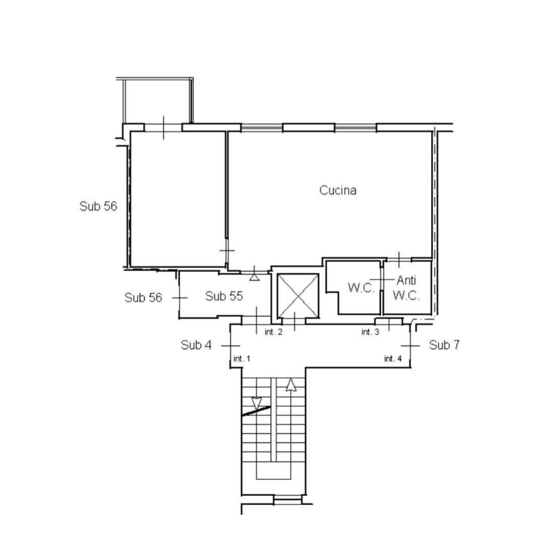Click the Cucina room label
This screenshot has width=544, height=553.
pos(337,191)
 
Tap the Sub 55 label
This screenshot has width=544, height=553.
pos(224,296)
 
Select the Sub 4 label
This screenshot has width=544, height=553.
pos(196,345)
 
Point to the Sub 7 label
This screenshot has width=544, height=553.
pos(444,345)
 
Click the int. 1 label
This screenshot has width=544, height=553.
pos(242,359)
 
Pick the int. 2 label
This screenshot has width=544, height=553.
pos(274,332)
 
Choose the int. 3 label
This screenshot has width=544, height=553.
pos(370,332)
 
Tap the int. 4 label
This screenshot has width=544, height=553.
pos(392,359)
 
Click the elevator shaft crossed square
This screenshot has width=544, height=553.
pos(298,295)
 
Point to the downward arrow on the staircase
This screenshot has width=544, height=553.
pos(256,403)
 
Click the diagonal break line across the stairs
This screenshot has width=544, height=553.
pos(256,411)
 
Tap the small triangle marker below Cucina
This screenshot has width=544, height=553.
pos(254,277)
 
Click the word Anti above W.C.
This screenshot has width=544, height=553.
pos(406,280)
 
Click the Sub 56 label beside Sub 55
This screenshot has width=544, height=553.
pos(143,297)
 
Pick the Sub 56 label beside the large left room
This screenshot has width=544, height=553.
pos(98,206)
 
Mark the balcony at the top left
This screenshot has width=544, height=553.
pos(155,100)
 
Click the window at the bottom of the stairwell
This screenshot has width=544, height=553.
pos(288,500)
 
